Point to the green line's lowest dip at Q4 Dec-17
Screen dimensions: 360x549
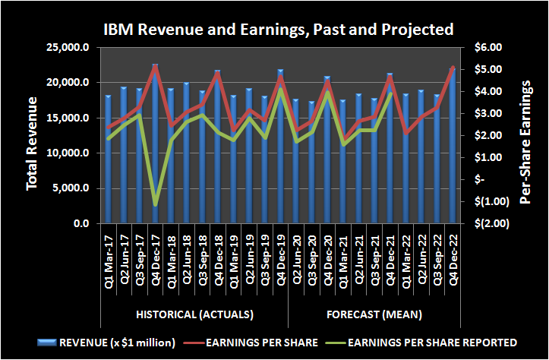(x=155, y=204)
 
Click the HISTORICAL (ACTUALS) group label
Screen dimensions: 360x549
(x=194, y=314)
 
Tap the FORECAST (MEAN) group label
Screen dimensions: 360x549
(x=374, y=314)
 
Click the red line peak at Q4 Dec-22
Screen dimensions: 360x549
(x=454, y=68)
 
